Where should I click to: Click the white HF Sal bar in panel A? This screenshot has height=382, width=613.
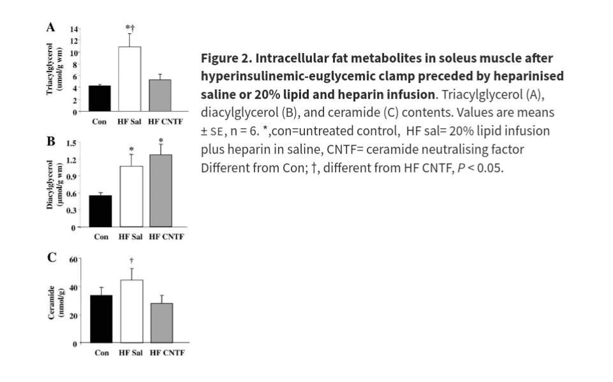(129, 79)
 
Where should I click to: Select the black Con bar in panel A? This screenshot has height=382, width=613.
(100, 98)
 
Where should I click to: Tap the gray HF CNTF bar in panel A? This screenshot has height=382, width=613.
(160, 96)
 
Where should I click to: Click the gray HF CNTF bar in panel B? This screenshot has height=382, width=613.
(161, 191)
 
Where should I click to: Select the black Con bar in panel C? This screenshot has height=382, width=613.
(101, 319)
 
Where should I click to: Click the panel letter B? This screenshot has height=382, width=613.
(50, 141)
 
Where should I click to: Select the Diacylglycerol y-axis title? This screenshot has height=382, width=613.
(54, 185)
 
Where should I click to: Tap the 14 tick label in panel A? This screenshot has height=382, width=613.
(75, 30)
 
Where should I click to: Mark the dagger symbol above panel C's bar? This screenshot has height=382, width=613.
(131, 260)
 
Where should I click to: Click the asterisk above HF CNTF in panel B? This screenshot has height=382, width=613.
(161, 141)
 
